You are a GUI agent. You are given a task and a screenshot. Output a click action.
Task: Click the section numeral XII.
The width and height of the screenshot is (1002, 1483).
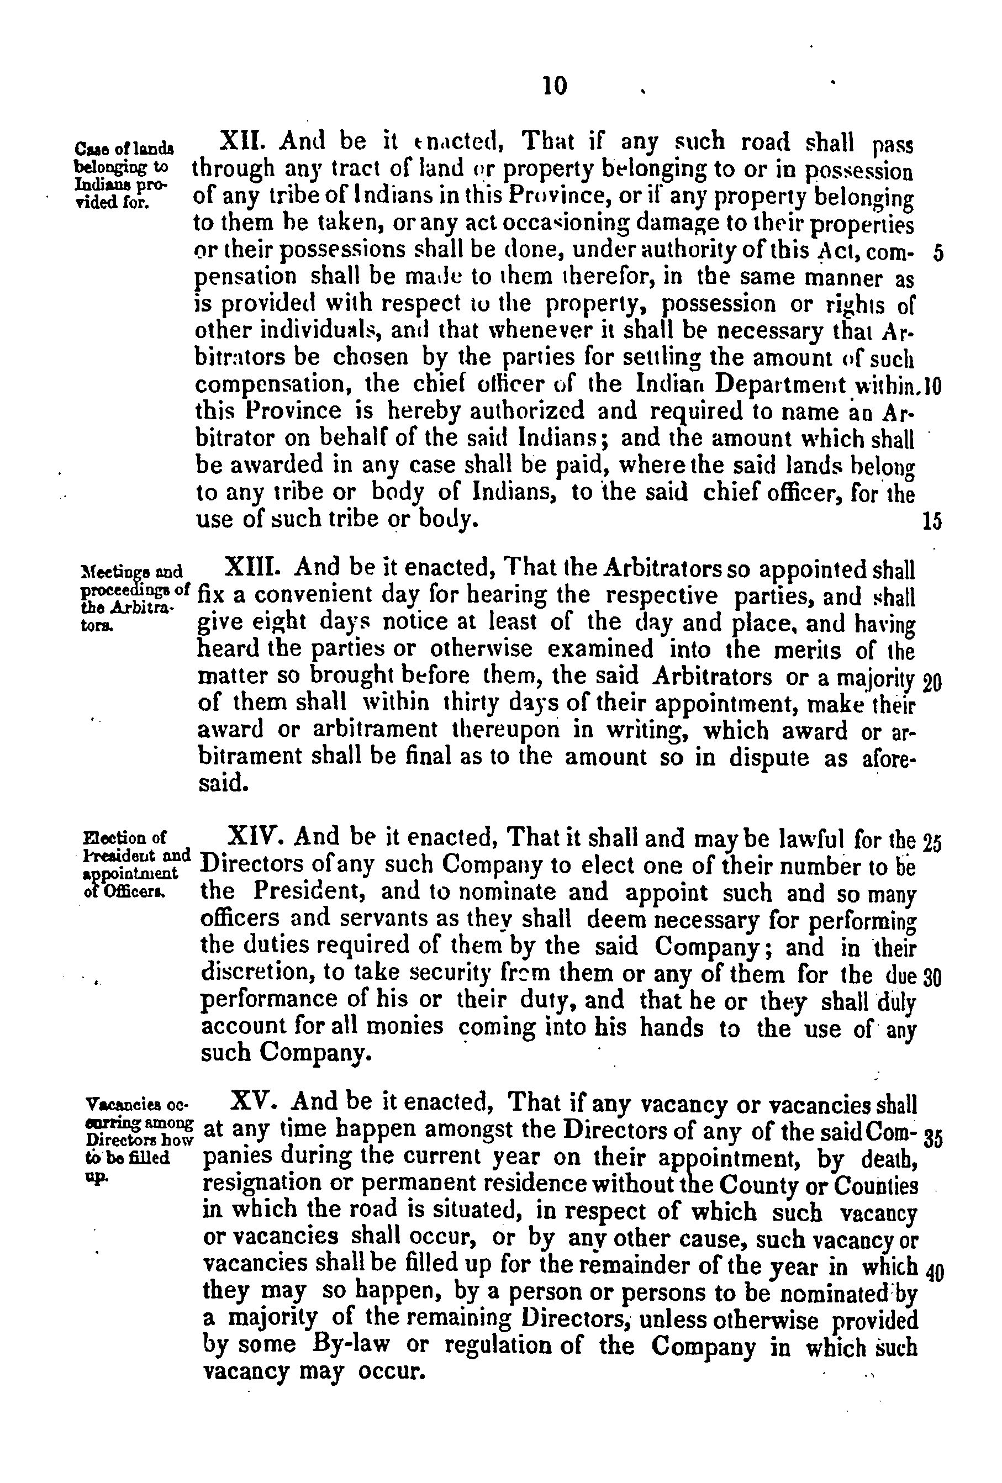tap(238, 141)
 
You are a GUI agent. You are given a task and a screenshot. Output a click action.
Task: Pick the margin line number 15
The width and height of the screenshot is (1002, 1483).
tap(932, 522)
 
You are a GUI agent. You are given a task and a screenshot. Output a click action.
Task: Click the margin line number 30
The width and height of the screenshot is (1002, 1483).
tap(932, 978)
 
